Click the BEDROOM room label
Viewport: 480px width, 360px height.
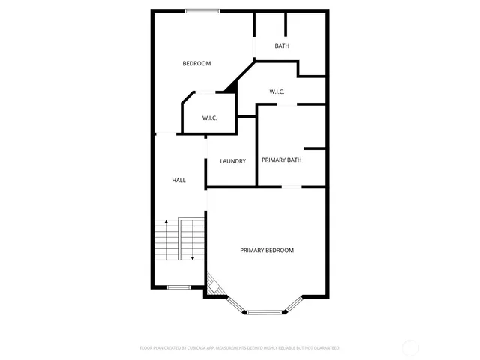(x=196, y=64)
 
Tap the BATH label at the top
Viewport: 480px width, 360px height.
(x=282, y=46)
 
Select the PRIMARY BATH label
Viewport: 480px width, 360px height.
(x=281, y=160)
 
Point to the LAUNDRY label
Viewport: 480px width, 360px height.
(x=232, y=161)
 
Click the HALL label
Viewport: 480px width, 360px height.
(x=178, y=181)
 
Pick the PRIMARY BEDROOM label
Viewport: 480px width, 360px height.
(x=266, y=250)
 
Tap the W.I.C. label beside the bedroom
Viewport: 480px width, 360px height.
(x=210, y=118)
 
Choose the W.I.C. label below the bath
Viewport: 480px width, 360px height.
(x=277, y=92)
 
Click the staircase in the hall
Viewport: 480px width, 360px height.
(x=179, y=240)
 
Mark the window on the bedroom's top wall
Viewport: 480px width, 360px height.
(x=202, y=10)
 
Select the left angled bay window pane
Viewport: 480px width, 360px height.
(x=235, y=304)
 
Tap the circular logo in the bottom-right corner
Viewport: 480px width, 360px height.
(x=411, y=347)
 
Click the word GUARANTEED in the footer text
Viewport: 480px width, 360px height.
(x=325, y=348)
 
